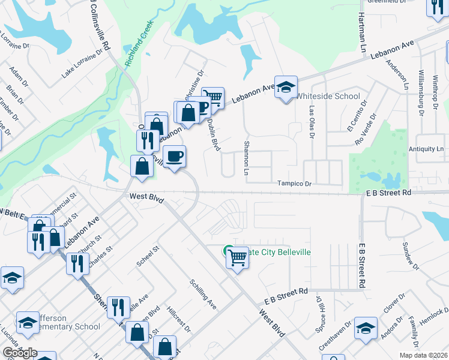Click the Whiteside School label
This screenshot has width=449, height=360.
329,96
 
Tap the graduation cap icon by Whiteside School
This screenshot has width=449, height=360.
286,86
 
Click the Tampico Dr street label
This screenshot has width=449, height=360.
294,184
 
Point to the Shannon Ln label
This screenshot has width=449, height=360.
246,158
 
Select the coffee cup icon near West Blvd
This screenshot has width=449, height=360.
174,157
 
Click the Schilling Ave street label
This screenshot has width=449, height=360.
203,294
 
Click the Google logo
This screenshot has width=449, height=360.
20,353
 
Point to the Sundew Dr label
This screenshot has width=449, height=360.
409,255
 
